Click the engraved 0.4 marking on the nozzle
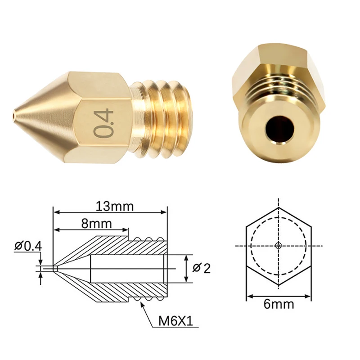(x=103, y=124)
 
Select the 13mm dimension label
(x=115, y=206)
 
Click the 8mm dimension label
(x=96, y=223)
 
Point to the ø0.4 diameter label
(x=28, y=246)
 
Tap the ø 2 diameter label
(x=201, y=268)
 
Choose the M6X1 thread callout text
(x=175, y=321)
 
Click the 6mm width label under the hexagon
(x=279, y=304)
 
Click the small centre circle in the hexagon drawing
(x=279, y=246)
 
